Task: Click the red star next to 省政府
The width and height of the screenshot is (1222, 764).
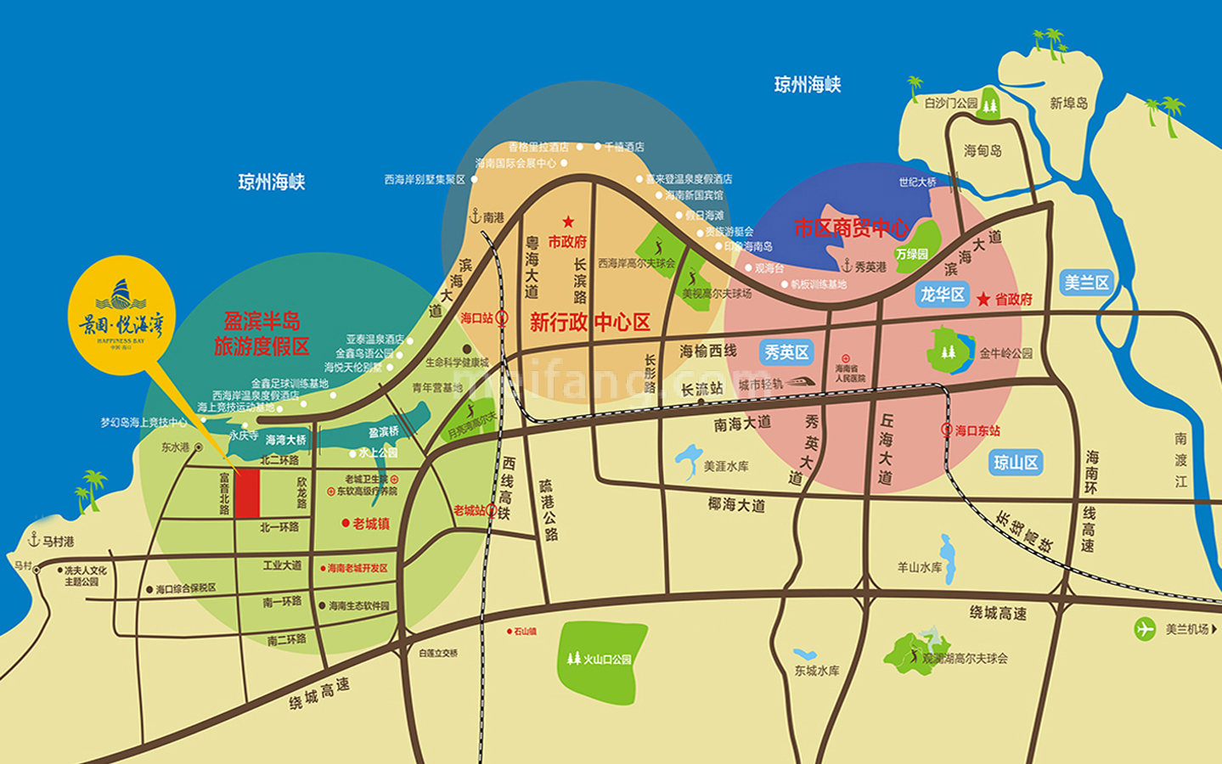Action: click(983, 299)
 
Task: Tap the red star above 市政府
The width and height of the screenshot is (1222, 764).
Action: click(568, 222)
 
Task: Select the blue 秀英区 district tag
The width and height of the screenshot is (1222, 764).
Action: click(786, 352)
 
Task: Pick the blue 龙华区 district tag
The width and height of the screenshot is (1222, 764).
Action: click(943, 295)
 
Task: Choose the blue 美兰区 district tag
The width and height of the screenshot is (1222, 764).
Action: click(1087, 283)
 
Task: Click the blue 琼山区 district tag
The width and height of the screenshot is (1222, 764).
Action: click(1016, 463)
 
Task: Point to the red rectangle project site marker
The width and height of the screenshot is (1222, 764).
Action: click(247, 493)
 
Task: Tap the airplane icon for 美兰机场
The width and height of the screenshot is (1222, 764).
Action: click(1146, 629)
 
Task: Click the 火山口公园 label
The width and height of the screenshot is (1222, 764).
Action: click(606, 659)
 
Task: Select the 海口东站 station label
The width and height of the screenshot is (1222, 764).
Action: click(977, 430)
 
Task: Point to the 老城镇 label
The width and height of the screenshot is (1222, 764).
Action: click(371, 524)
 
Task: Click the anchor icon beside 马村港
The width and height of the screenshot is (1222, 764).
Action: click(34, 540)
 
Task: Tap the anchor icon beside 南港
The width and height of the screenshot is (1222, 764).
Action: click(475, 216)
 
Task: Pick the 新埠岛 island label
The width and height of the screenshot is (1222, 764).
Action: click(1068, 104)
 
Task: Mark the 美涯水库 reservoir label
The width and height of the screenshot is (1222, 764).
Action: click(726, 466)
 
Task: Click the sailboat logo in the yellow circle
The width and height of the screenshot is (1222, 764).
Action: click(121, 295)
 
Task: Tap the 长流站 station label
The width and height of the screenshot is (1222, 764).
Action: click(702, 389)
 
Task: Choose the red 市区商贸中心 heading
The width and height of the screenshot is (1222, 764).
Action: click(851, 228)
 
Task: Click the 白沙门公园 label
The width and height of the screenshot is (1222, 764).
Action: click(951, 104)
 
